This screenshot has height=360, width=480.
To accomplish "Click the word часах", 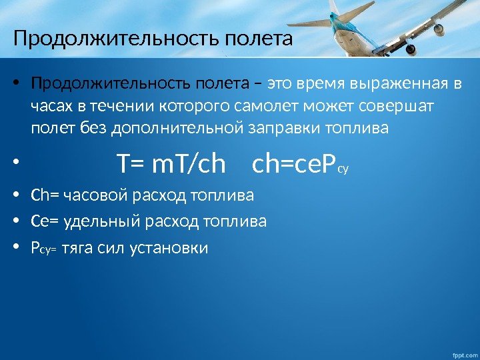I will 51,106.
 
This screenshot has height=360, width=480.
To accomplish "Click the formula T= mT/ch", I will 171,164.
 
